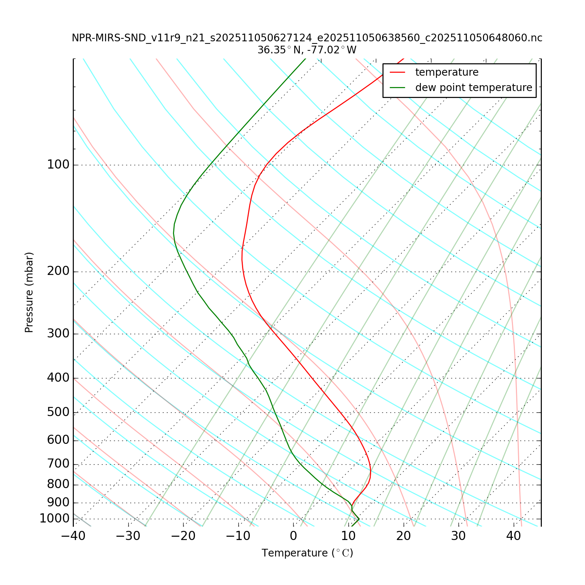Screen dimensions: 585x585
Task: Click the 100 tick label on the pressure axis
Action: [58, 165]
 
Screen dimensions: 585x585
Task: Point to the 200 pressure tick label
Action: [58, 272]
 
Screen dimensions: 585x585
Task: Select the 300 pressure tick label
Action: [58, 334]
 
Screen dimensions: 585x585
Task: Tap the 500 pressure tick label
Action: [58, 412]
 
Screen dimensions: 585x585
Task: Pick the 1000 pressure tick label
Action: [54, 518]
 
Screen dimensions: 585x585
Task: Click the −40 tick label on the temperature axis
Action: [73, 536]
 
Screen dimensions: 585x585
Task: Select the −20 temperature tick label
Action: [183, 536]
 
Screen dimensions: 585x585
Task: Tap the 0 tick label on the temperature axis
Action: [293, 536]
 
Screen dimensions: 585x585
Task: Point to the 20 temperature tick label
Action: [404, 536]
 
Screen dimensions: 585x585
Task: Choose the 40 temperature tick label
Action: [514, 536]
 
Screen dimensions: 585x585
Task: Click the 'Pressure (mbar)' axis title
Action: [29, 292]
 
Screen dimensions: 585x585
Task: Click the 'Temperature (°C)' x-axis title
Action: [307, 553]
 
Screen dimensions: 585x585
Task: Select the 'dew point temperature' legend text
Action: [473, 88]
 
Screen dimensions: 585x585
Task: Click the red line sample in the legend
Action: [398, 72]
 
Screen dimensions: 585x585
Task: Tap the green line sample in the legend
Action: [398, 88]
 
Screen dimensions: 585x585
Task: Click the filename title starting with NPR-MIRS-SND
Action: [307, 38]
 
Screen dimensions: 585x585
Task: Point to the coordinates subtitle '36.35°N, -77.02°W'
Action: [307, 50]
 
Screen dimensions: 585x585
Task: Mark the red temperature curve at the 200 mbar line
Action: [243, 272]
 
